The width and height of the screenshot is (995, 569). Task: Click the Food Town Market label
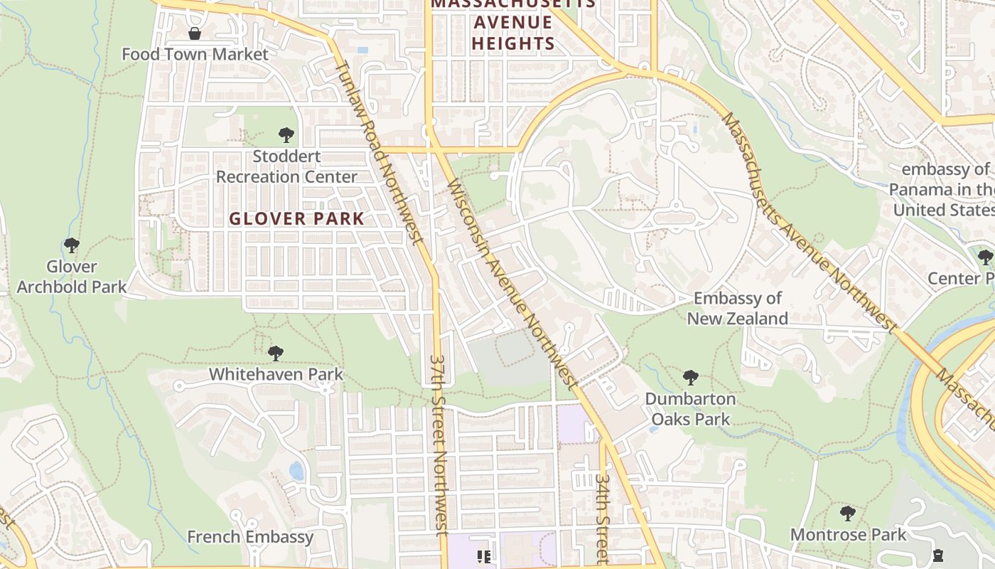point(195,54)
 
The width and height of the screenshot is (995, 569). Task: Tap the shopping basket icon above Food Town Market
point(194,33)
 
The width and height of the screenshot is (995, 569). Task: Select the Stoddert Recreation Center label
point(286,166)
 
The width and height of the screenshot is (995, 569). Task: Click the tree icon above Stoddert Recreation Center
point(286,134)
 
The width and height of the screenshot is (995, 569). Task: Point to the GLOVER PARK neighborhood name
point(296,218)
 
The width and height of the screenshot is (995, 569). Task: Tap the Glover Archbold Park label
point(71,277)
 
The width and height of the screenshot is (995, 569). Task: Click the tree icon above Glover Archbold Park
point(71,245)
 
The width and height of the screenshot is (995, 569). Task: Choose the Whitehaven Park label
point(276,374)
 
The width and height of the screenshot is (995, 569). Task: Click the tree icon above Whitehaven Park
point(276,353)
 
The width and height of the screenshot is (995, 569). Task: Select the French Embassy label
point(249,537)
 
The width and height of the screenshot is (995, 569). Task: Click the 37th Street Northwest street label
point(439,445)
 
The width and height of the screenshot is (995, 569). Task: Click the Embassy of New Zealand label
point(737,308)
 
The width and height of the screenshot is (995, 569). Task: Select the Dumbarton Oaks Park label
point(690,409)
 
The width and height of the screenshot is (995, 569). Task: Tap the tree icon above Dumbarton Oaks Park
point(690,377)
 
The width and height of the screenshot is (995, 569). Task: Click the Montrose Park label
point(848,534)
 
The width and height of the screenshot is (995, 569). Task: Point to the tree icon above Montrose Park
point(847,513)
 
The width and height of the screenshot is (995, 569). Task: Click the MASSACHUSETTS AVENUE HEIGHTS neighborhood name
point(512,23)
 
